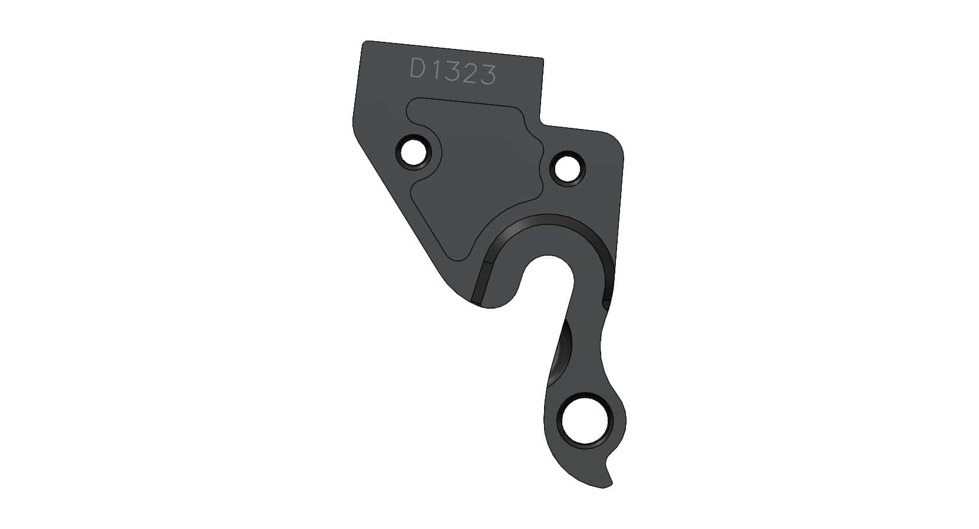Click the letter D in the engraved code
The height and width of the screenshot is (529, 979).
418,69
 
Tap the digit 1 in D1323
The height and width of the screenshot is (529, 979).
434,71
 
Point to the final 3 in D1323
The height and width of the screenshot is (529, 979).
487,75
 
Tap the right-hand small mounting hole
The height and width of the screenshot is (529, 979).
568,168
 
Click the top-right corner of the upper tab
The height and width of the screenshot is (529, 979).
541,58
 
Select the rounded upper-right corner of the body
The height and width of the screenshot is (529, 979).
617,140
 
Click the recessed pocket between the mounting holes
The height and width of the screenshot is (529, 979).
477,171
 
